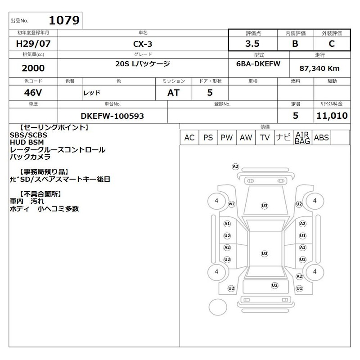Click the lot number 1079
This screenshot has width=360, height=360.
click(x=64, y=20)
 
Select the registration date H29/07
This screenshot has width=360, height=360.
click(x=33, y=44)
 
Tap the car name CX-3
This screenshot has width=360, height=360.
click(x=143, y=44)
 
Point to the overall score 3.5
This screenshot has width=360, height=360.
click(x=252, y=44)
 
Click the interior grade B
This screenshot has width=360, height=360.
click(x=295, y=44)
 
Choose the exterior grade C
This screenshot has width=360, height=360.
click(x=332, y=44)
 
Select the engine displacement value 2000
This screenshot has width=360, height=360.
click(x=33, y=68)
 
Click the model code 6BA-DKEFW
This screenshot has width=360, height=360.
click(x=258, y=63)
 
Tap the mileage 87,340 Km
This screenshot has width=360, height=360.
click(x=319, y=68)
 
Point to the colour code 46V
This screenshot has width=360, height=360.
click(x=33, y=93)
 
